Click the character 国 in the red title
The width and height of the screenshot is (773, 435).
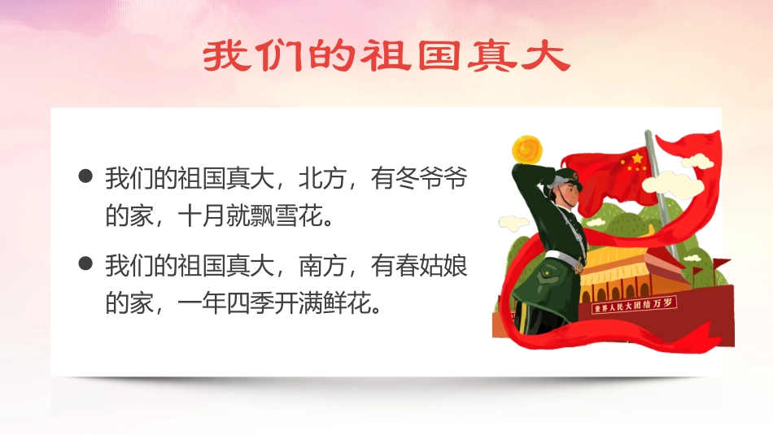click(439, 56)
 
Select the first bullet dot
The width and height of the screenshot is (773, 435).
click(85, 176)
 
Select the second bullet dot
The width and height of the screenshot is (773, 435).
click(85, 263)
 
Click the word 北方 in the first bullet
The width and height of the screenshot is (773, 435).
click(323, 178)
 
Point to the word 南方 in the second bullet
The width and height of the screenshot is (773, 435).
click(323, 266)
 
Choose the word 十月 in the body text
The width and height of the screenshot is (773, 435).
click(201, 215)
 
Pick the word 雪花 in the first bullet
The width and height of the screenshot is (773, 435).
click(299, 215)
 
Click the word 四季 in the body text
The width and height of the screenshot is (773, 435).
click(250, 303)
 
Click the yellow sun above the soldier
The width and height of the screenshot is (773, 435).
click(527, 150)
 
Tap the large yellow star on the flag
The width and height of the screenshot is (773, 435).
click(637, 158)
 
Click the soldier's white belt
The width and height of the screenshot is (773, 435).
click(564, 260)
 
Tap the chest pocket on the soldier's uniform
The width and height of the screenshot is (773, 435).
click(548, 273)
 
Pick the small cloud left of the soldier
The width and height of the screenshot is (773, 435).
click(513, 223)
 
